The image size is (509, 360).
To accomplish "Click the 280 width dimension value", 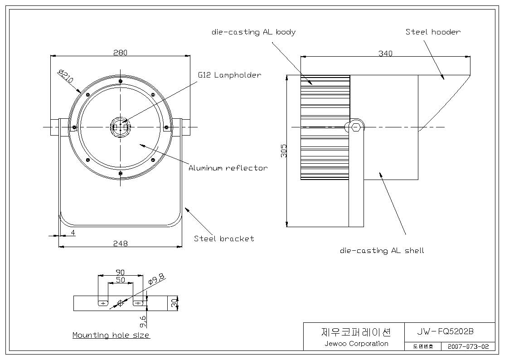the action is point(120,52).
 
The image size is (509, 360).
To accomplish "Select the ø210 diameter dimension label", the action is point(66,76).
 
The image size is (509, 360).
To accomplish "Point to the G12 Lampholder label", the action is point(229,75).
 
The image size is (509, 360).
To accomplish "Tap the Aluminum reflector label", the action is point(228,168).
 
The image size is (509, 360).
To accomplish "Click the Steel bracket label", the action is point(224,238).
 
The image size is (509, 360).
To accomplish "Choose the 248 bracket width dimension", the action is point(121,243).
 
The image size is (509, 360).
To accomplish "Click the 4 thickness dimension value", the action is point(73,233).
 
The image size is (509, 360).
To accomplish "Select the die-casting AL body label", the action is point(253,32).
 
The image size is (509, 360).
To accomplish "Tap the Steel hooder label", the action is point(433,32).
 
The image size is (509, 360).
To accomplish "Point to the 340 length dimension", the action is point(385,53).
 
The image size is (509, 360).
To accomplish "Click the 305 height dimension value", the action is point(284,151).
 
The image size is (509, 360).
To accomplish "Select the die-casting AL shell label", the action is point(382,251).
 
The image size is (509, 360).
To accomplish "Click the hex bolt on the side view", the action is point(356,126).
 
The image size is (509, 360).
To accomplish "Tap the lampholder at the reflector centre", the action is point(121,127).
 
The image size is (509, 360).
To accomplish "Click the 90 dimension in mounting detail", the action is point(120,272).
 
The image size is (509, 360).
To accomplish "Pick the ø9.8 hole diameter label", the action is point(156,279).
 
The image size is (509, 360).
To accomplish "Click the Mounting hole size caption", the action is point(111,335).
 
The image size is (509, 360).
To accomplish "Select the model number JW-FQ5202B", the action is point(445,331).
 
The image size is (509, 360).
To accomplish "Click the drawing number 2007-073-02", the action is point(468,346).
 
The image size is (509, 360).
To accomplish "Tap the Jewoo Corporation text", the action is point(356,343).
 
